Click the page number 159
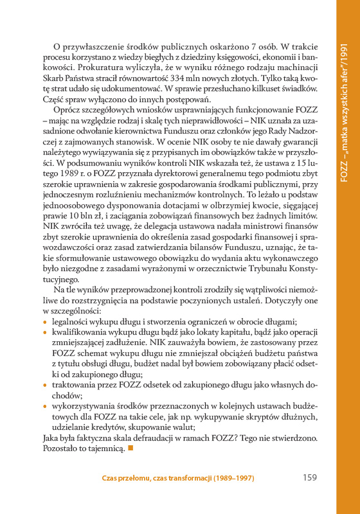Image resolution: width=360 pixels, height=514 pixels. tap(309, 478)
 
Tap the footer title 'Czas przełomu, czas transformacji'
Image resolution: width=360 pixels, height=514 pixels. tap(178, 479)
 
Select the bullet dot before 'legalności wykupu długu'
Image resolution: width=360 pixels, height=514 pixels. tap(44, 321)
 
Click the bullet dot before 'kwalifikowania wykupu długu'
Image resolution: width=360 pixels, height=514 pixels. tap(44, 333)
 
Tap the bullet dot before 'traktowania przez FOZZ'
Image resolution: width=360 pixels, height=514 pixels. tap(44, 383)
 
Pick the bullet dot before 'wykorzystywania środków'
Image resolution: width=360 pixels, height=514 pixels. tap(44, 406)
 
